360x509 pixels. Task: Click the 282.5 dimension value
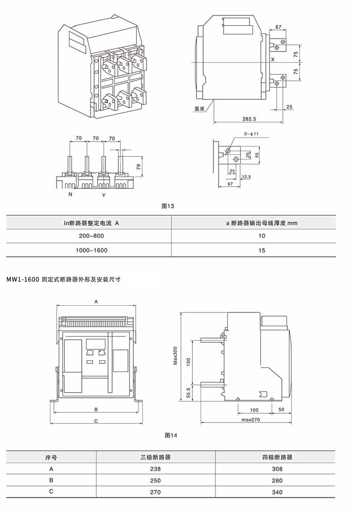tap(249, 119)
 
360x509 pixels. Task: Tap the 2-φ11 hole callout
tap(251, 134)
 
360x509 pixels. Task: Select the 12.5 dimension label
tap(246, 177)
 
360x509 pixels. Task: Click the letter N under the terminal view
tap(70, 195)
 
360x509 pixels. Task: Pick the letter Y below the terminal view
tap(104, 196)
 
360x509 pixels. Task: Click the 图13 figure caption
tap(168, 206)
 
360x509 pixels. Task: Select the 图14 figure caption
tap(171, 435)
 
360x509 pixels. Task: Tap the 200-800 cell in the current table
tap(92, 236)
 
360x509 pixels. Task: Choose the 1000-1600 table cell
tap(92, 250)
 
